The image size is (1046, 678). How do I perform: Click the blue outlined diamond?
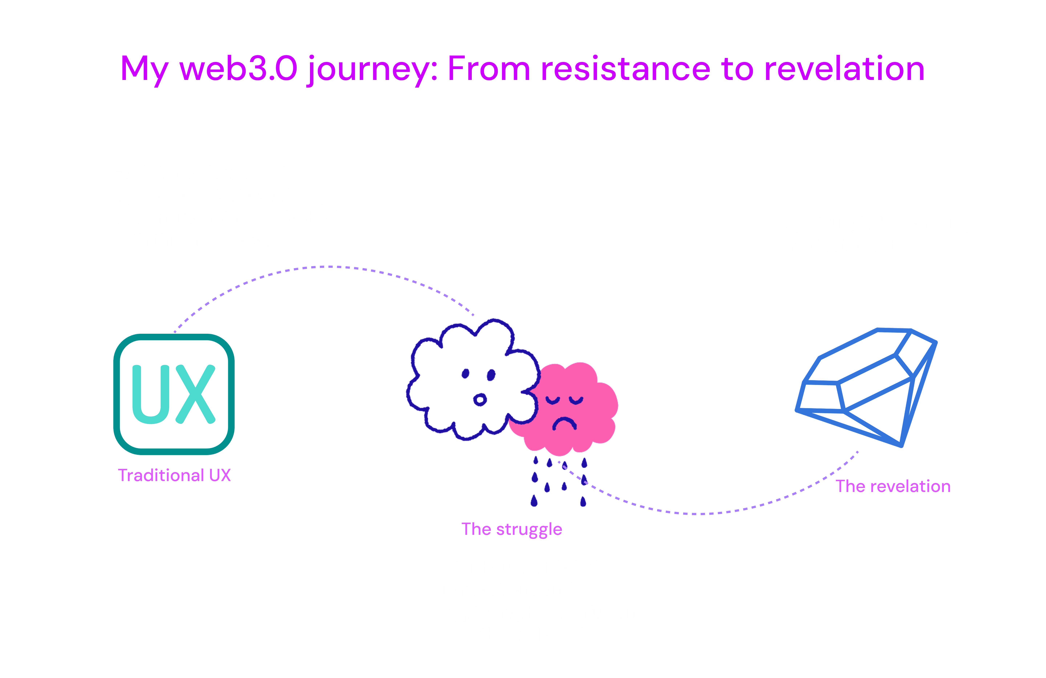click(x=866, y=387)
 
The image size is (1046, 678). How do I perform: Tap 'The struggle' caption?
click(x=512, y=529)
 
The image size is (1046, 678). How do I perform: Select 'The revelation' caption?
click(x=893, y=486)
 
